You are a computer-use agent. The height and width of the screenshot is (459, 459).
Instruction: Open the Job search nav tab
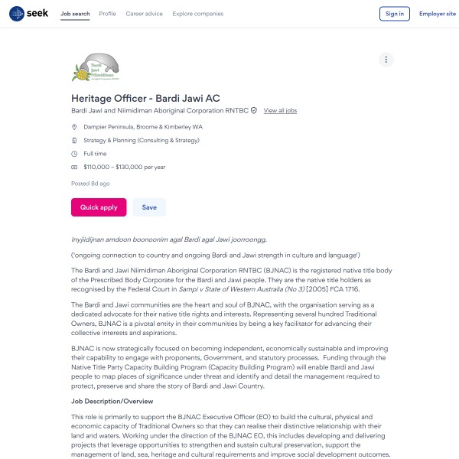(75, 14)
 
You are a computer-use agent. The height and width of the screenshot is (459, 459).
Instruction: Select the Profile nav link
(108, 14)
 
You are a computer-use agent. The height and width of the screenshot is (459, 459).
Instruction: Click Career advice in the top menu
(145, 14)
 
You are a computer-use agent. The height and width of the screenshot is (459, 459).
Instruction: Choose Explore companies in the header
(198, 14)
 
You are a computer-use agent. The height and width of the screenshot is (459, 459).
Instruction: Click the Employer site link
(437, 14)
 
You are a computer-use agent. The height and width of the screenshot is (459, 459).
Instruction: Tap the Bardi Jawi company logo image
(96, 67)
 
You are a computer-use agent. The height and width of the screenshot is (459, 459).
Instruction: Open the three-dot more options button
(386, 60)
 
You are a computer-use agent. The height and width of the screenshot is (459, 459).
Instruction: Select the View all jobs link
(280, 111)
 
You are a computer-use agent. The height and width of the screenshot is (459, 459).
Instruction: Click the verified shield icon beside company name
(254, 111)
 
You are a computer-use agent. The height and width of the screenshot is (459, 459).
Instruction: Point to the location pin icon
(74, 127)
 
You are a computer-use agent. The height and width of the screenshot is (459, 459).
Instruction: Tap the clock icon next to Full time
(74, 154)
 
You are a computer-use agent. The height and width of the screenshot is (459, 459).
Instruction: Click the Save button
(149, 207)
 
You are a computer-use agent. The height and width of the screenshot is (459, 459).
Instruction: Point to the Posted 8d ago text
(90, 184)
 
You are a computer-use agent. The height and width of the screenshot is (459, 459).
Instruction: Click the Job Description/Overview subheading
(112, 402)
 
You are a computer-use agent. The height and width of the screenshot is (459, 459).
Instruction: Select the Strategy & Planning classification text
(142, 141)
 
